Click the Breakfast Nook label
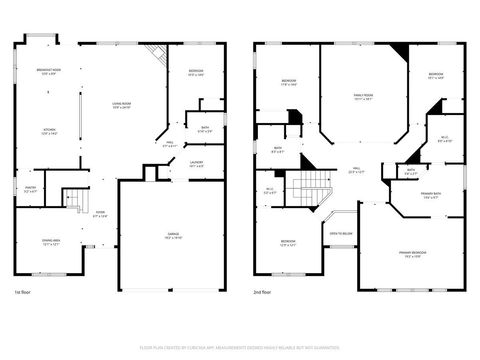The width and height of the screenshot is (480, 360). coord(47,71)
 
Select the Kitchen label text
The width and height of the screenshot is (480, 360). coord(47,131)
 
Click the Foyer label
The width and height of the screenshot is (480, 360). coord(100,213)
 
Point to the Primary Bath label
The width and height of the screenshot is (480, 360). coord(431,196)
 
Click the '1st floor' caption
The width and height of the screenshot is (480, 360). coord(23,292)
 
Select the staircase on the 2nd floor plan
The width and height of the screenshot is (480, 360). coord(317,188)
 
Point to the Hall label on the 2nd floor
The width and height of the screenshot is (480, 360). coord(357,171)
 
